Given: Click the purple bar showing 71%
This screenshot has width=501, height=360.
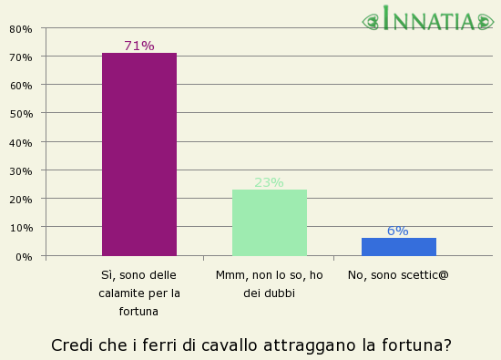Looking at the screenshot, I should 139,154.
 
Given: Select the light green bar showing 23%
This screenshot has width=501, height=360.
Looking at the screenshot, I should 269,222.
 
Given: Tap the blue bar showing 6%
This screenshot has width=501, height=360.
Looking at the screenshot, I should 398,246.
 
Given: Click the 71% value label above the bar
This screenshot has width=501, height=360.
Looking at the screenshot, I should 139,46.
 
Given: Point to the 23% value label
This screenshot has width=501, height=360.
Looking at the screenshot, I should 269,182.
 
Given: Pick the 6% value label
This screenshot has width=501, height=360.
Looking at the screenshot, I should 398,231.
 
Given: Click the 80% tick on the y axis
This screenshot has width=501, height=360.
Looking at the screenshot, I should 20,29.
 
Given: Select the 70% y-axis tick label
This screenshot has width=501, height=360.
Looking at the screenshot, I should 20,57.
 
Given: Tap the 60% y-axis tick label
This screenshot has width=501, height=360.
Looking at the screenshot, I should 20,86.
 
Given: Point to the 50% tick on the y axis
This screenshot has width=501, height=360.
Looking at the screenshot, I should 20,114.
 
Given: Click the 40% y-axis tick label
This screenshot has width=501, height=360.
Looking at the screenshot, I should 20,143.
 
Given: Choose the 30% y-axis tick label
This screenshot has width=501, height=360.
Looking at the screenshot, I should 20,171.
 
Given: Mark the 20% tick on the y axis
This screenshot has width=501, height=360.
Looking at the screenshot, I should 20,200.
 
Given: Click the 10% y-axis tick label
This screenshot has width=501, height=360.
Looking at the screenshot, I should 20,228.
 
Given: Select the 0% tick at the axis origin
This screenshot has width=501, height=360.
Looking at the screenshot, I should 24,257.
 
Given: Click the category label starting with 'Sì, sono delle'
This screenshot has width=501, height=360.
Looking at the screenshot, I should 139,293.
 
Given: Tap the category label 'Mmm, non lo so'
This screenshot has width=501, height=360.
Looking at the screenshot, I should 269,283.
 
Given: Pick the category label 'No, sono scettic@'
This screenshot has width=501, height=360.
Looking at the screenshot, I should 398,274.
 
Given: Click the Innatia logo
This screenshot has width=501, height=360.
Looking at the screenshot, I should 428,19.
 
